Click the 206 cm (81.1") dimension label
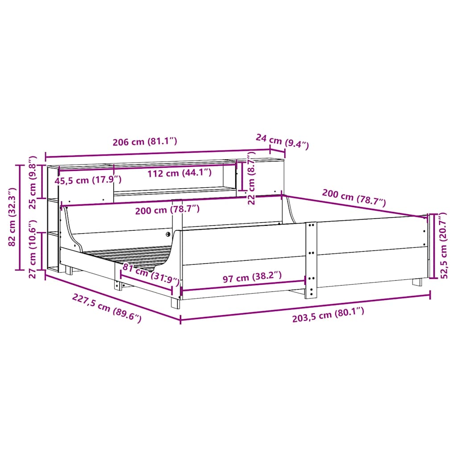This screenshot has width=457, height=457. coord(145,141)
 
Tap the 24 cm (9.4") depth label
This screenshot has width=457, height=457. coord(282,141)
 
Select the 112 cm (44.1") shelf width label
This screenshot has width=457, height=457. coord(179,173)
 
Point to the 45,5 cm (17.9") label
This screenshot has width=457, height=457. coord(88,180)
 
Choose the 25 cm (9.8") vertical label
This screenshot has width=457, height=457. coord(33,183)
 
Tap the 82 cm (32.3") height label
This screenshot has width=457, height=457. coord(12,217)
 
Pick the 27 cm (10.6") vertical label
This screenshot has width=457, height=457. coord(33,249)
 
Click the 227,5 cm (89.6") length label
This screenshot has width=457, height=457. coord(107,308)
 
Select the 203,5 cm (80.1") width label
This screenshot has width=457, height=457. coord(328,315)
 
